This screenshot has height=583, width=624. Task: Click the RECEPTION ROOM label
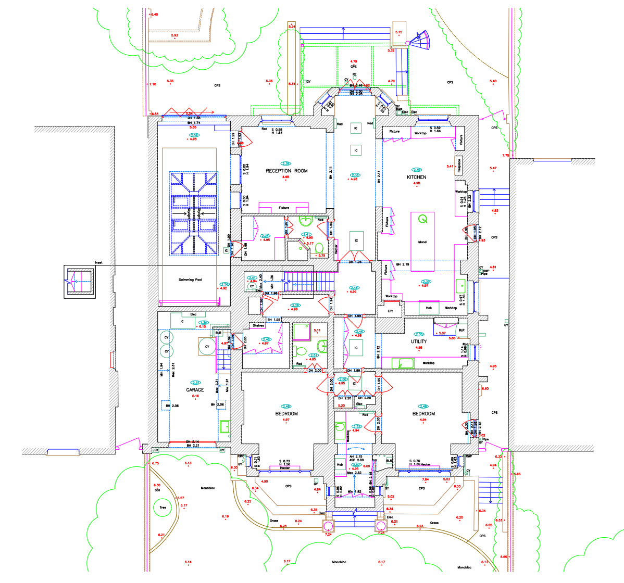[286, 171]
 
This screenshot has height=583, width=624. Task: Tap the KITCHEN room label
[416, 177]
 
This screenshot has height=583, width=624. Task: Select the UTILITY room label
[419, 341]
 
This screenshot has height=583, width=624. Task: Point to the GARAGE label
[195, 389]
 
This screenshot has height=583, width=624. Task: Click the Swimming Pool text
[190, 280]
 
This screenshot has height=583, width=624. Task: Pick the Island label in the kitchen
[422, 242]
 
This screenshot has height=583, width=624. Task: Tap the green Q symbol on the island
[423, 219]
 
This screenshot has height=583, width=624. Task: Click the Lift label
[390, 311]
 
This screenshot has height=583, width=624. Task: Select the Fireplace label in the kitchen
[459, 166]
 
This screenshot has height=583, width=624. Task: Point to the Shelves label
[258, 326]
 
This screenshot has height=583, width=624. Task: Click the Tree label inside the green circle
[163, 508]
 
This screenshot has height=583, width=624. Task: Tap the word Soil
[157, 490]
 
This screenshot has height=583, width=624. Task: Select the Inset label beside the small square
[98, 263]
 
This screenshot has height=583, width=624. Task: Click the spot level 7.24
[328, 534]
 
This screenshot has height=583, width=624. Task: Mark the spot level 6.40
[154, 15]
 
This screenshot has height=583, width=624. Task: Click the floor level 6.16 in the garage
[196, 396]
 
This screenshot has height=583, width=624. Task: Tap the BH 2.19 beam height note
[402, 264]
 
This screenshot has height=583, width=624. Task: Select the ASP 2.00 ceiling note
[356, 460]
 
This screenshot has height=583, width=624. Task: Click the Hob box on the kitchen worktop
[429, 308]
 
